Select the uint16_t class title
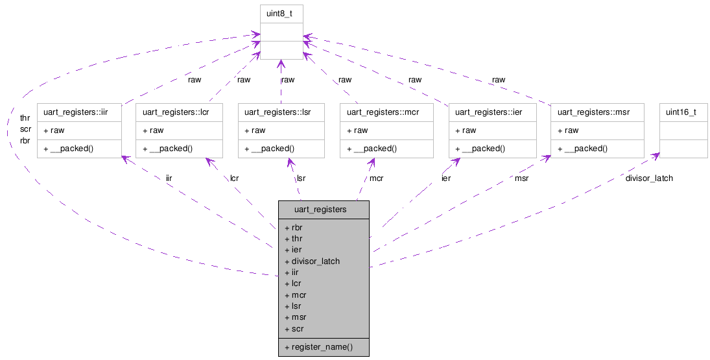[x=681, y=112]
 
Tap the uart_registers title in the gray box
[x=320, y=210]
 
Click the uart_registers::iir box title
[x=75, y=112]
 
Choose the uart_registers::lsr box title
[x=278, y=112]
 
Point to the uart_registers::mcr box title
[x=383, y=112]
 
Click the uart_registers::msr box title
[x=593, y=112]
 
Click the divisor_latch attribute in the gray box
[x=315, y=261]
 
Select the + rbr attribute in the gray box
[x=294, y=227]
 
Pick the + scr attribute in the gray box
[x=294, y=329]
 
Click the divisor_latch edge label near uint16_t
[x=648, y=178]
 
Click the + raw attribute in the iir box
[x=54, y=130]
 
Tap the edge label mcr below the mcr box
[x=376, y=178]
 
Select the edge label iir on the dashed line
[x=169, y=177]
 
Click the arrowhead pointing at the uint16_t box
[x=657, y=155]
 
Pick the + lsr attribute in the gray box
[x=294, y=306]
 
